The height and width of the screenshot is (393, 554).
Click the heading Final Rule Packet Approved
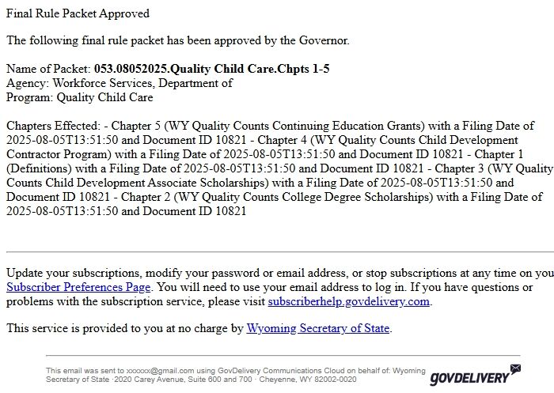pos(78,13)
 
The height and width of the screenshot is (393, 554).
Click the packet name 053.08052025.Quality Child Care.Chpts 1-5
pos(211,69)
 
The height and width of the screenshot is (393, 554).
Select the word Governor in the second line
pos(321,40)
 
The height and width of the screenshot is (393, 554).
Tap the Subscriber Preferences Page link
pos(78,287)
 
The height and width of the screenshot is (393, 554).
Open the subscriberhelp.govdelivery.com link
pos(348,301)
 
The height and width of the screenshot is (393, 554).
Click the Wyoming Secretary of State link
pos(317,328)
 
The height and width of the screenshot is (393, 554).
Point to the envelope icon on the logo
pos(515,369)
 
